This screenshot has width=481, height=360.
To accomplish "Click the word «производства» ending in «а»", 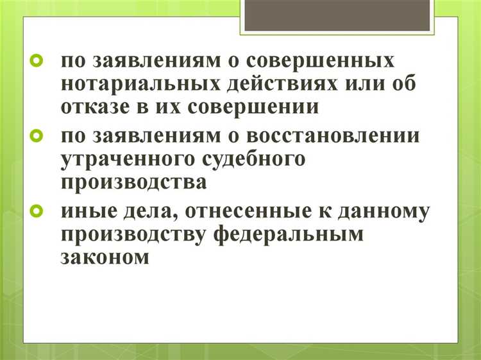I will click(134, 182).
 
